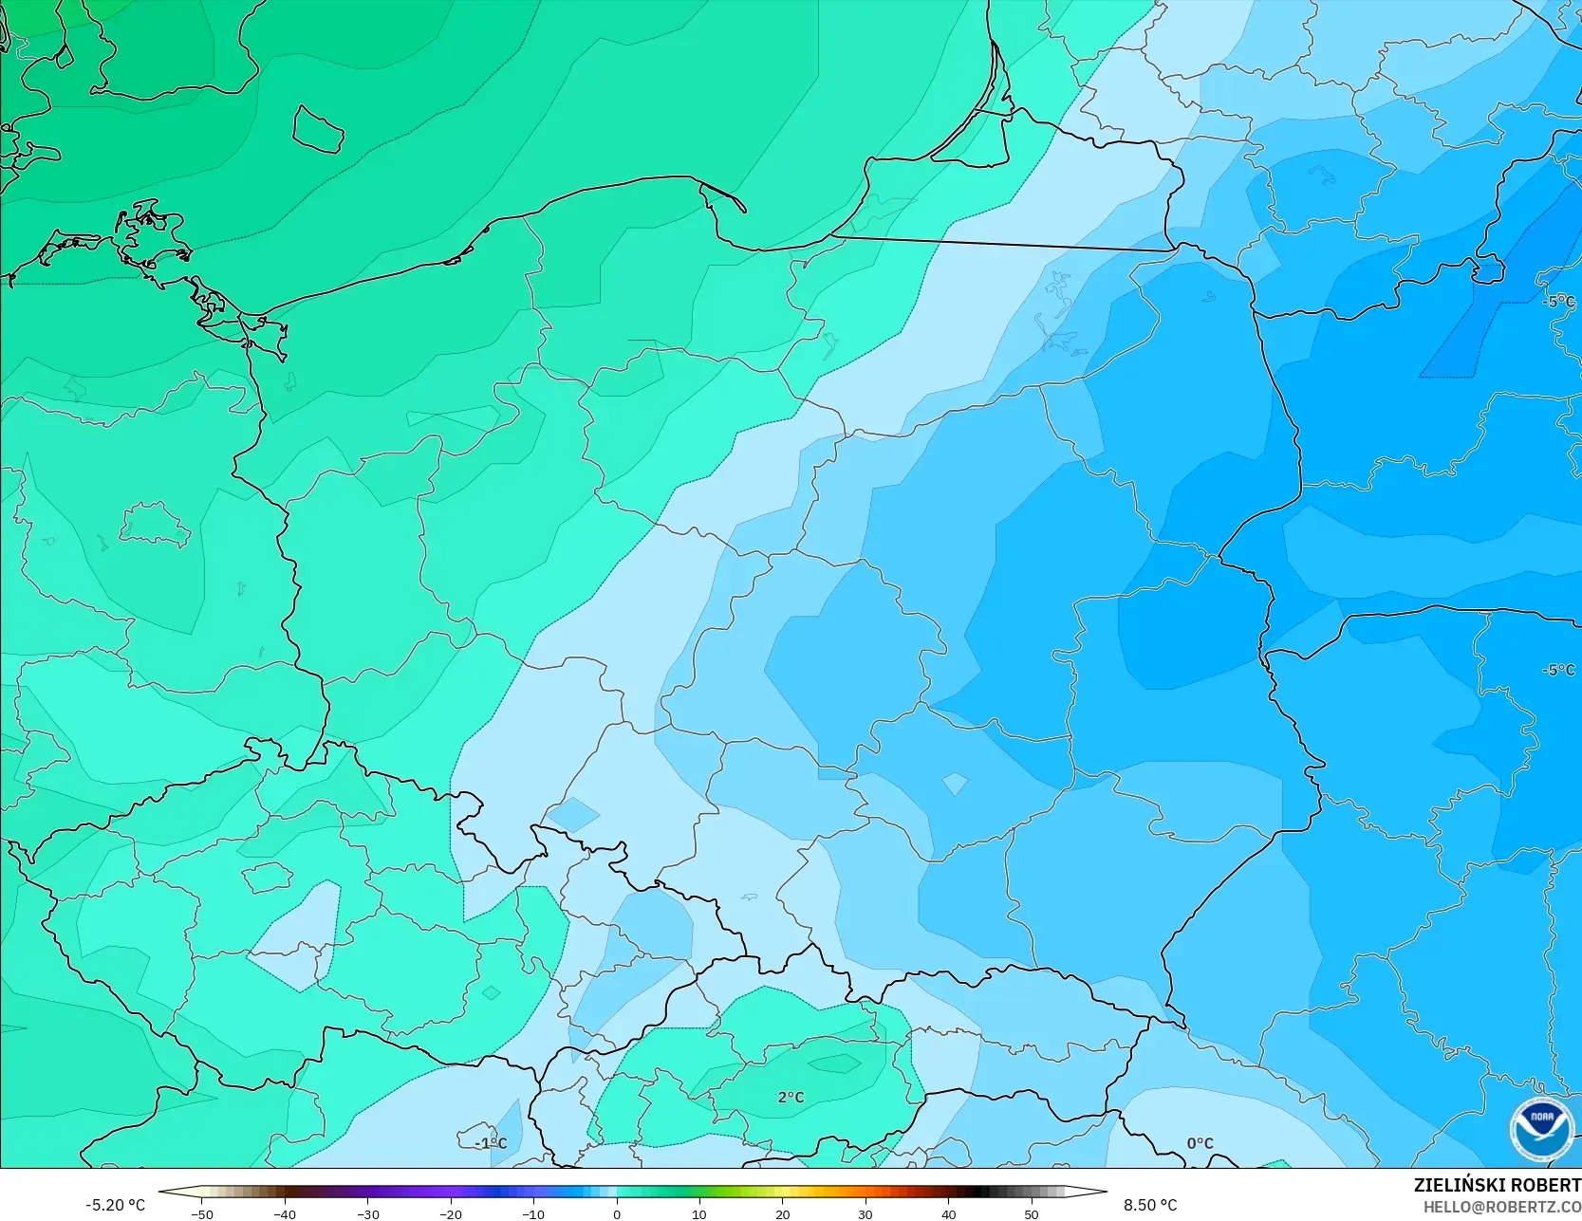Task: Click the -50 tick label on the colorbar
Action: point(201,1214)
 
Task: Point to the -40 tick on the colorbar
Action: point(285,1214)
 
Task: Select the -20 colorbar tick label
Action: point(451,1214)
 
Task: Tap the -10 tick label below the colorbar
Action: point(533,1214)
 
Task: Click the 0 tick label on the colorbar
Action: point(617,1214)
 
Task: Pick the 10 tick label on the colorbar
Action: point(699,1214)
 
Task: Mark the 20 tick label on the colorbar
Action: point(782,1214)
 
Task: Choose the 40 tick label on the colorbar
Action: point(948,1214)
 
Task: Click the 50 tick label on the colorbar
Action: point(1031,1214)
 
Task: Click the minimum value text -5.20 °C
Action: point(115,1205)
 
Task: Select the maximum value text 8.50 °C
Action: point(1150,1205)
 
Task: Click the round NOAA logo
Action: point(1542,1128)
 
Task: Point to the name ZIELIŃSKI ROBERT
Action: point(1497,1186)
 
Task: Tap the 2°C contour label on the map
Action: point(791,1097)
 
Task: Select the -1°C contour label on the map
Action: point(491,1143)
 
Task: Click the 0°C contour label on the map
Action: point(1200,1143)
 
